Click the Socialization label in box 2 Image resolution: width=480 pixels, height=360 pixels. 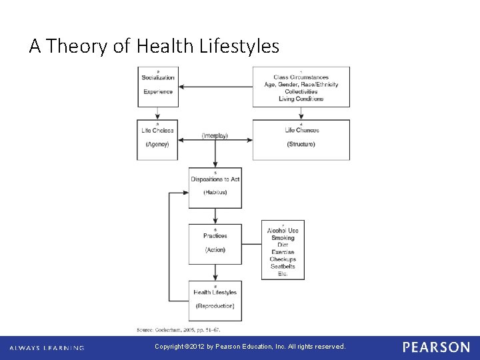pos(158,77)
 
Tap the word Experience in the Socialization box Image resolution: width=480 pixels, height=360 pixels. pos(158,92)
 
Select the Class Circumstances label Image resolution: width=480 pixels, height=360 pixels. pos(301,77)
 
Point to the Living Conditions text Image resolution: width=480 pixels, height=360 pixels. pos(301,99)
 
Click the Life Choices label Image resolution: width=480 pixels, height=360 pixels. pos(158,130)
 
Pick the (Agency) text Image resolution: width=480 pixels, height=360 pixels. pos(158,144)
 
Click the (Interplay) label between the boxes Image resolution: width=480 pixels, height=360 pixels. pos(215,135)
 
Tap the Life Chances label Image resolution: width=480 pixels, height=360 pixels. pos(301,130)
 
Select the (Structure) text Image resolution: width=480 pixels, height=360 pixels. pos(301,144)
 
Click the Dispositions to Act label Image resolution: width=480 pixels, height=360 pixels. pos(215,179)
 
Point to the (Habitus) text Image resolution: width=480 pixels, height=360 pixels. pos(215,192)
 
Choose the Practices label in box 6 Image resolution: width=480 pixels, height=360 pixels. pos(215,235)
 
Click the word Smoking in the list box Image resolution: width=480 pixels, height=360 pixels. pos(283,238)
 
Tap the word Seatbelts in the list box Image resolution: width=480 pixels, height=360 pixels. pos(283,267)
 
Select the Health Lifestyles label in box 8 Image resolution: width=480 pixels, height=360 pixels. pos(215,292)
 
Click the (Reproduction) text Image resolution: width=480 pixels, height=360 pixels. pos(215,306)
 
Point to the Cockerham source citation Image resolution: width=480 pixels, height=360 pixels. pos(178,329)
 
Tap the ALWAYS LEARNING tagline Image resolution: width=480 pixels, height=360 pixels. pos(47,347)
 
